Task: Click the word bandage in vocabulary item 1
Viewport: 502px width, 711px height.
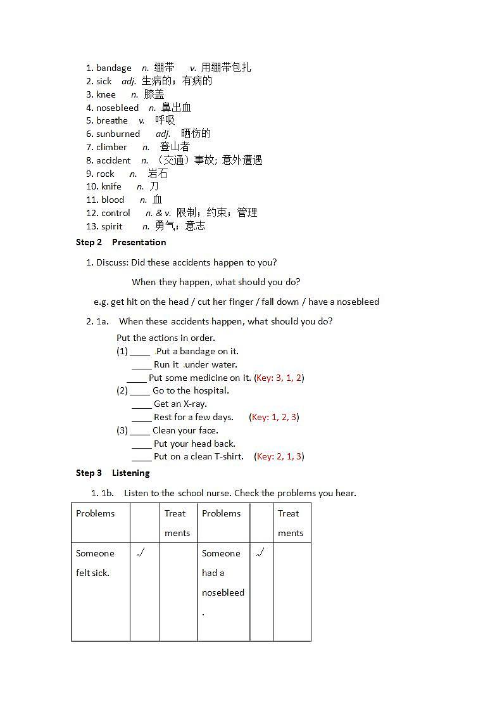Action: click(114, 68)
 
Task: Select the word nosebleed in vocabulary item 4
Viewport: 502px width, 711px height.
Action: click(117, 108)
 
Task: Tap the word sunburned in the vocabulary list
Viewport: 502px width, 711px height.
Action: click(118, 134)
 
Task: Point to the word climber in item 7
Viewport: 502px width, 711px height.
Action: click(111, 147)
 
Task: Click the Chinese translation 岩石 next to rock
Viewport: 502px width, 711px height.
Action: click(158, 174)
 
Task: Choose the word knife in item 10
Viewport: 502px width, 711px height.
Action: click(111, 186)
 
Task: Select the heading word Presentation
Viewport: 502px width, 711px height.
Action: click(139, 242)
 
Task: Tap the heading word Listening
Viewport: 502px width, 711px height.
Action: click(130, 473)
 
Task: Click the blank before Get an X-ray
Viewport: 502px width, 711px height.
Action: click(142, 404)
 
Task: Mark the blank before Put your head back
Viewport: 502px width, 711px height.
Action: click(142, 444)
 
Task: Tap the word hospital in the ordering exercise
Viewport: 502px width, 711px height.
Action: click(210, 390)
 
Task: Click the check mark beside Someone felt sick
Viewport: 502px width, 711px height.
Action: click(141, 553)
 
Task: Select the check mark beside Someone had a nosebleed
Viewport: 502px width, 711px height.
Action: click(260, 553)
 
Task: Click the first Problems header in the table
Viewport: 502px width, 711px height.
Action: click(96, 513)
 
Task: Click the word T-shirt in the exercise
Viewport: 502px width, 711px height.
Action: click(229, 456)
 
